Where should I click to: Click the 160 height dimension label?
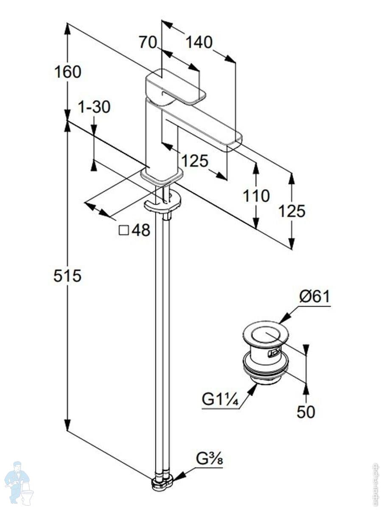click(x=67, y=72)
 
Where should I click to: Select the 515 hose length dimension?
click(x=67, y=276)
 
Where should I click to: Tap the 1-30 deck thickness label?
click(x=94, y=108)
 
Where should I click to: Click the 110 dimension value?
click(x=256, y=196)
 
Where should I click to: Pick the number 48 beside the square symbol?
click(x=141, y=230)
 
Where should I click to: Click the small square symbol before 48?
click(x=124, y=230)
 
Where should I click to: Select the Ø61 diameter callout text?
click(x=315, y=296)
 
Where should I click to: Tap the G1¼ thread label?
click(x=219, y=399)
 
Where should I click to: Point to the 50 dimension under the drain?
click(x=306, y=411)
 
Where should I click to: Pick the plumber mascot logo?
click(x=19, y=482)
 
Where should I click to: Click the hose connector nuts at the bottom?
click(x=162, y=482)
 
